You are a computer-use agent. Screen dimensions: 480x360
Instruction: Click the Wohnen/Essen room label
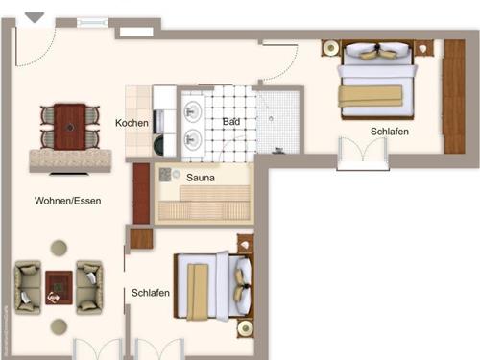pos(68,201)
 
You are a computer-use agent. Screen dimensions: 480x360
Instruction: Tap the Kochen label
pos(132,123)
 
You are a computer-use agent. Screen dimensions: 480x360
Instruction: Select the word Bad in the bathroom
pos(231,122)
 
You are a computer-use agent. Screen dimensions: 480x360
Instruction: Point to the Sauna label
pos(201,178)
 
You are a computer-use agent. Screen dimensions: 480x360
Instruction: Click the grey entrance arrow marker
pos(35,17)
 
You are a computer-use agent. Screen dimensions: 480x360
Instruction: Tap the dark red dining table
pos(70,127)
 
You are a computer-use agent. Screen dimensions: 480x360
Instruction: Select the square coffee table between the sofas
pos(59,288)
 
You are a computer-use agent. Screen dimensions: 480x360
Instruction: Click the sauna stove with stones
pos(165,175)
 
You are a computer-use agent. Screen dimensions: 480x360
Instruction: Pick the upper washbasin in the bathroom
pos(193,111)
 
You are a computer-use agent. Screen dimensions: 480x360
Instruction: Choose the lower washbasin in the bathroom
pos(193,139)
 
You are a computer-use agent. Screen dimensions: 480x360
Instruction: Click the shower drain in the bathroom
pos(271,119)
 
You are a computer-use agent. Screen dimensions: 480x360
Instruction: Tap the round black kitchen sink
pos(158,146)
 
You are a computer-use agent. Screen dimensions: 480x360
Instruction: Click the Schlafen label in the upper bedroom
pos(390,132)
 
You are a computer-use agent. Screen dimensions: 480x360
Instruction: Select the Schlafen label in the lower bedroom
pos(151,293)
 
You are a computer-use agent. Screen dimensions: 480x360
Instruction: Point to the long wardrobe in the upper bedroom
pos(454,96)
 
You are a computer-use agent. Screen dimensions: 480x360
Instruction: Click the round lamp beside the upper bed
pos(331,48)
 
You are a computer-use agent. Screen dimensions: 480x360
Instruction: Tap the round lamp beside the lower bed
pos(246,328)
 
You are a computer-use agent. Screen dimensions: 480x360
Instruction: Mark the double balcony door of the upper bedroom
pos(363,153)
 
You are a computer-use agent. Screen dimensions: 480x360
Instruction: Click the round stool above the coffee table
pos(59,248)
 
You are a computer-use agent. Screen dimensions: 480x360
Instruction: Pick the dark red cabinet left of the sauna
pos(141,193)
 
